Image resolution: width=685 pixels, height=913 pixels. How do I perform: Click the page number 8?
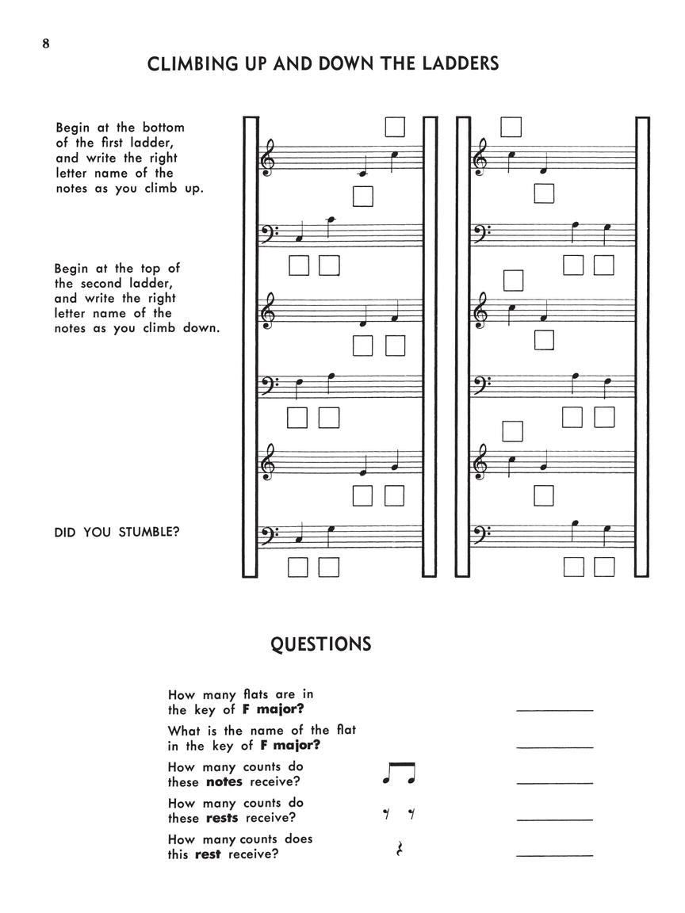pyautogui.click(x=46, y=44)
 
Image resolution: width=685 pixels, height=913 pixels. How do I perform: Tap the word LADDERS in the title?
pyautogui.click(x=459, y=64)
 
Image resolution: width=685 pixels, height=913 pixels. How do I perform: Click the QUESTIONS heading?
pyautogui.click(x=320, y=644)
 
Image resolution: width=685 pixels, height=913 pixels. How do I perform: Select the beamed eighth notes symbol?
pyautogui.click(x=399, y=774)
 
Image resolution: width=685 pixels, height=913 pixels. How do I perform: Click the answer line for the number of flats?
pyautogui.click(x=554, y=710)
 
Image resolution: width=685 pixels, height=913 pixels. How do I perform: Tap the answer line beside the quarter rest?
pyautogui.click(x=554, y=855)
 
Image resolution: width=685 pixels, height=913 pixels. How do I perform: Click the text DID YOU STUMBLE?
pyautogui.click(x=117, y=532)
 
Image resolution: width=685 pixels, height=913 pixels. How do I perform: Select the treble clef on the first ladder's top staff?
pyautogui.click(x=269, y=159)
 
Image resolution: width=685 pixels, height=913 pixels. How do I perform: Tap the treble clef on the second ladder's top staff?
pyautogui.click(x=480, y=159)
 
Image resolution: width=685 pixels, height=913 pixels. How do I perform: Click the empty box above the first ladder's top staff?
pyautogui.click(x=394, y=127)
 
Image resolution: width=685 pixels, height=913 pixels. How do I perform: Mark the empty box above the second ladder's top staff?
pyautogui.click(x=511, y=127)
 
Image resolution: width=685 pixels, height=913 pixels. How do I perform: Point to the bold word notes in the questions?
pyautogui.click(x=224, y=782)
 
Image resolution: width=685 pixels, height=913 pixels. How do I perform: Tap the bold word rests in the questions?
pyautogui.click(x=221, y=818)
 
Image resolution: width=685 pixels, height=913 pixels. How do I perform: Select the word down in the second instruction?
pyautogui.click(x=201, y=328)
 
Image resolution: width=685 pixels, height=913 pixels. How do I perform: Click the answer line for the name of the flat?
pyautogui.click(x=554, y=747)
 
